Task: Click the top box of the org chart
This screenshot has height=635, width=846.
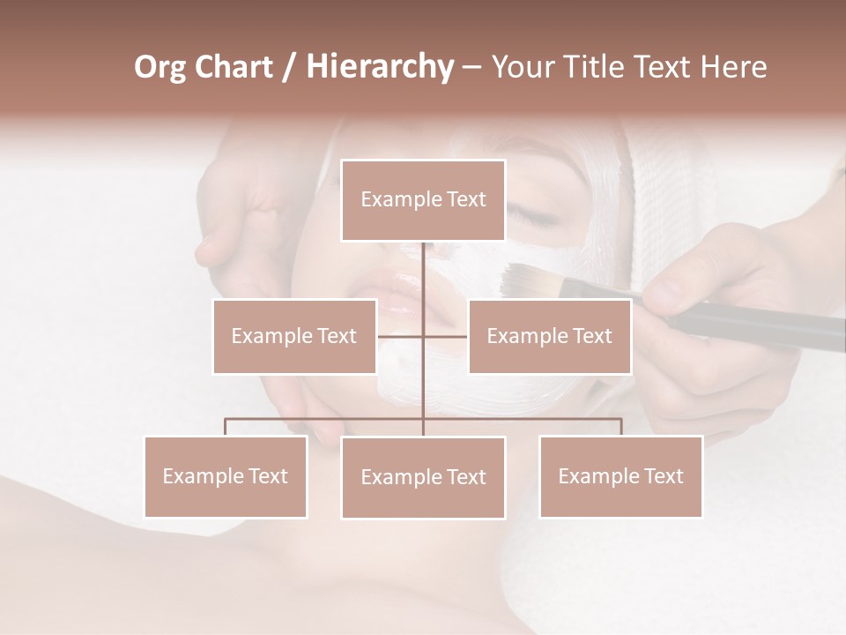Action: [x=423, y=200]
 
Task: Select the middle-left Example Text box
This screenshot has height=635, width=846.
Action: [x=293, y=336]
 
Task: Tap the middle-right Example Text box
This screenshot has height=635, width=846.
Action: [x=549, y=336]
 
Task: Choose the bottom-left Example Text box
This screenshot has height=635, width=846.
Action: [x=226, y=476]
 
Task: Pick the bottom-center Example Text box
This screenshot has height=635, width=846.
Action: [x=423, y=477]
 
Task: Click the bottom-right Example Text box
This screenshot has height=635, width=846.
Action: [x=620, y=476]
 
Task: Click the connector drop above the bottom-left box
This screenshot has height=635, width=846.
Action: [x=226, y=427]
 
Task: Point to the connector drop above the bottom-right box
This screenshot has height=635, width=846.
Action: [x=620, y=427]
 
